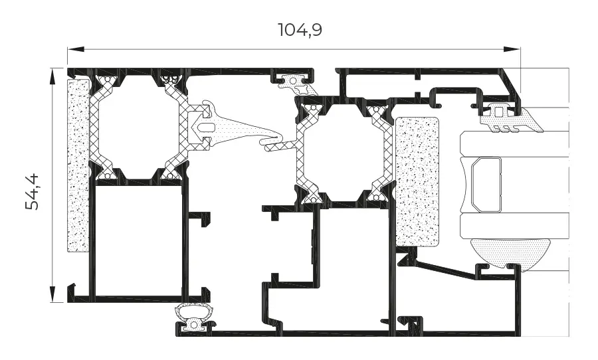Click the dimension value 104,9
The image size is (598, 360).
(300, 30)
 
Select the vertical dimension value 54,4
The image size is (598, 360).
(33, 191)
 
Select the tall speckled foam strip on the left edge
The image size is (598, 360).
(78, 165)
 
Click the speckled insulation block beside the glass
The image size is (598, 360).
(417, 181)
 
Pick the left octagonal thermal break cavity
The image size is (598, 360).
(138, 127)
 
